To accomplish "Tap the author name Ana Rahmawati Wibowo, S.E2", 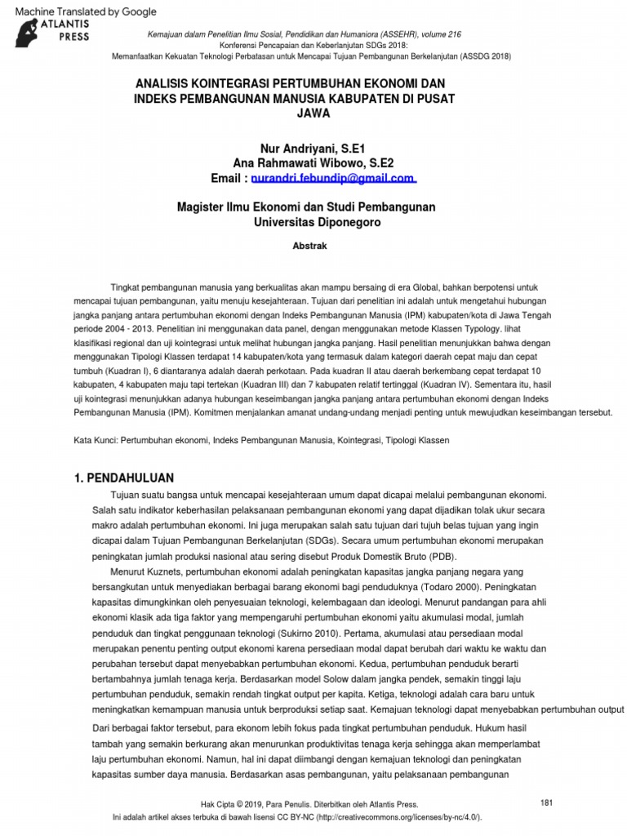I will click(313, 162).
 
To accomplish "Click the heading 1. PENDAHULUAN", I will click(123, 478).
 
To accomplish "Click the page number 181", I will click(547, 803).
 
